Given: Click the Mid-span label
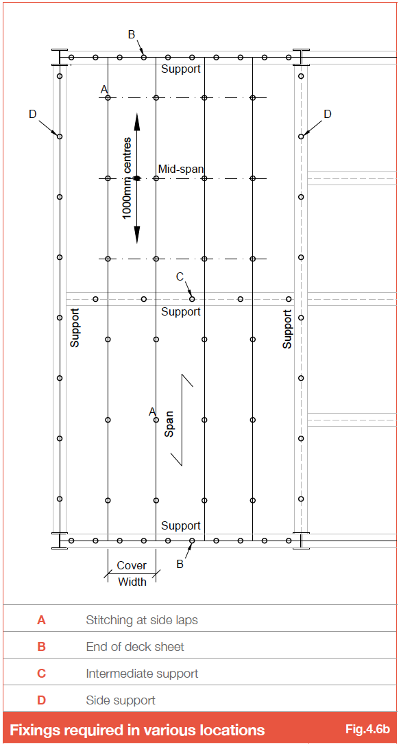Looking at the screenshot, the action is click(x=182, y=169).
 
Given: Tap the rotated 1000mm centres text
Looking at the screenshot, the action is click(x=127, y=178).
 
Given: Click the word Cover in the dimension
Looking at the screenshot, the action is click(x=132, y=565).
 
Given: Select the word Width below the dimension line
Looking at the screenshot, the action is click(x=132, y=582).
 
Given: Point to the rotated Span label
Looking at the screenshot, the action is click(x=169, y=424).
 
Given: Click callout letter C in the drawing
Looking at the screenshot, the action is click(x=180, y=276).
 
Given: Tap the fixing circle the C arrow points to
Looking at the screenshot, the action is click(x=192, y=299).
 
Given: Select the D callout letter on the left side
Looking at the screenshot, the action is click(x=32, y=115).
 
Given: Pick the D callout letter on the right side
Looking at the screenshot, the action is click(x=327, y=115).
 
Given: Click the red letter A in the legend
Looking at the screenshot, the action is click(x=41, y=620).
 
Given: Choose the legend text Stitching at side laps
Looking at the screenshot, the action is click(x=142, y=620).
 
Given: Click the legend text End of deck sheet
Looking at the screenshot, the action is click(x=135, y=647).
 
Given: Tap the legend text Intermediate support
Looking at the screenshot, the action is click(x=142, y=674).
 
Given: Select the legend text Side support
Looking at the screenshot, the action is click(x=121, y=700).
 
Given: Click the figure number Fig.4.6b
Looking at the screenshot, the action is click(x=367, y=729).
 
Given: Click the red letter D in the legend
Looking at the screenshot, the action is click(x=41, y=700).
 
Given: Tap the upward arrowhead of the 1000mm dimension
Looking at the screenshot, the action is click(x=136, y=122).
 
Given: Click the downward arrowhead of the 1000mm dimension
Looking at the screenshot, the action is click(x=136, y=235).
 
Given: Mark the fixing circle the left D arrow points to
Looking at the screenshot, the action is click(x=60, y=137).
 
